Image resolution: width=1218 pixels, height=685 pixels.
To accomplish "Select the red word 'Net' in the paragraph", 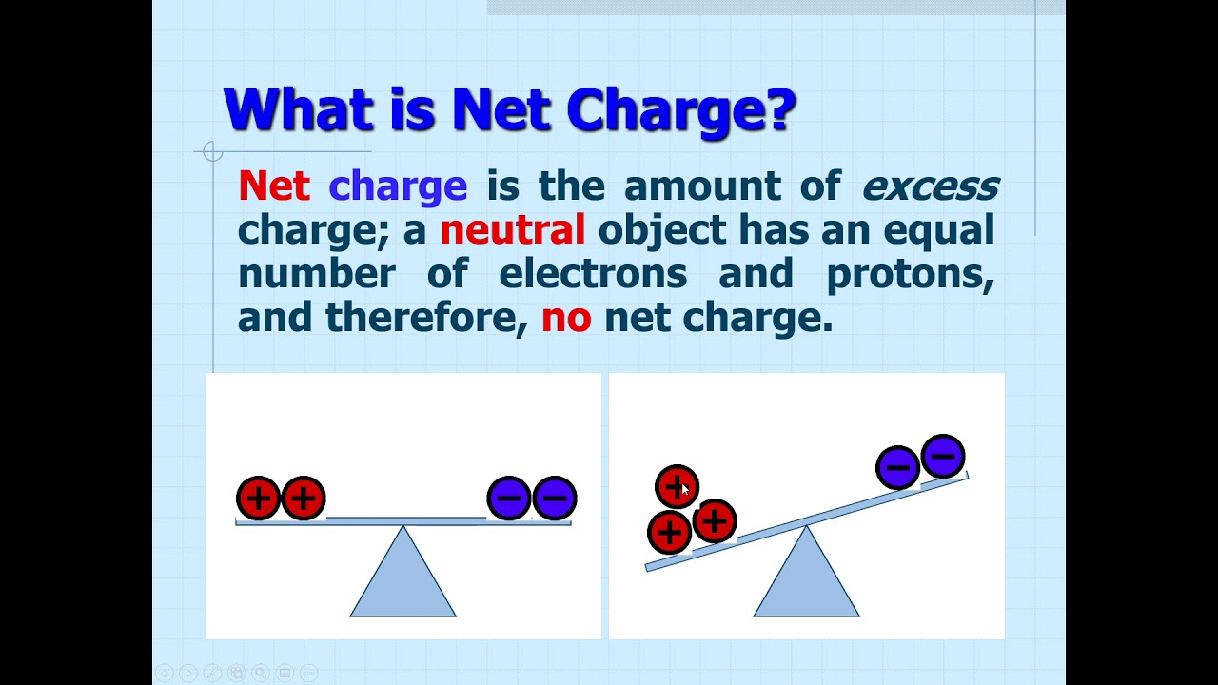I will coord(273,186).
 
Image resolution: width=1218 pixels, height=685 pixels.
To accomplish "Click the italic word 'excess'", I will coord(930,186).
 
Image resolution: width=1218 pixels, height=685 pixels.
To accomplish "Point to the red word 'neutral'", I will coord(512,230).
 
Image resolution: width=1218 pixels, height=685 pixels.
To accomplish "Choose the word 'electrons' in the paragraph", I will coord(592,274).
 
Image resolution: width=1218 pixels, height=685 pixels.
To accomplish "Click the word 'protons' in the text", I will coord(910,274).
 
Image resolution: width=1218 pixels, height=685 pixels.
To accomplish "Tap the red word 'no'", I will coord(566,318).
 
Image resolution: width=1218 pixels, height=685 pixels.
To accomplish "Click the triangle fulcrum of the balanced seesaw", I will coord(403,580).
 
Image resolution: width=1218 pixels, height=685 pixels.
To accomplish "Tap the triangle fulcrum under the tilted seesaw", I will coord(807,580).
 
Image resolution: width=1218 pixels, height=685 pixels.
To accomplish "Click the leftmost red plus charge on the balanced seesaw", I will coord(258,498).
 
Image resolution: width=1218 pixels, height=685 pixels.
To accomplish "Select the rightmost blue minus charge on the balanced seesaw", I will coord(555,498).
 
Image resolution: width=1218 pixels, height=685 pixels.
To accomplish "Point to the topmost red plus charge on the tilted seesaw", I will coord(677,487).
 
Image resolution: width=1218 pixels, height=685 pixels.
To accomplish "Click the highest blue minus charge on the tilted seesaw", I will coord(943,457).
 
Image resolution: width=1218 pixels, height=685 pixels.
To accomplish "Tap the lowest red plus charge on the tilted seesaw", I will coord(669,532).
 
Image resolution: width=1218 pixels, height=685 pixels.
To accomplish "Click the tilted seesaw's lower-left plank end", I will coord(651,567).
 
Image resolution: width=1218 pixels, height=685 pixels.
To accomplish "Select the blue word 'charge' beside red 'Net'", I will coord(398,186).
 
